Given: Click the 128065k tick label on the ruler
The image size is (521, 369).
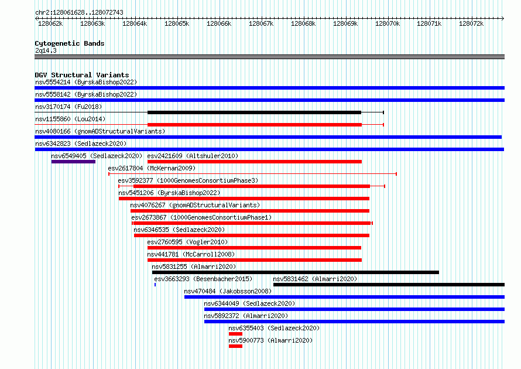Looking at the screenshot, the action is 177,23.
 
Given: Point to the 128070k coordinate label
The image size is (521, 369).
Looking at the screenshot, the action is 388,23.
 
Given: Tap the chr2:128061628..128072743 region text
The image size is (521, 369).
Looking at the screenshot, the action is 79,13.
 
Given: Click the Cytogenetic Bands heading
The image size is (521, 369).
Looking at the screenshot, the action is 70,43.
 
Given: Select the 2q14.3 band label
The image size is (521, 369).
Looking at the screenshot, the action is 46,50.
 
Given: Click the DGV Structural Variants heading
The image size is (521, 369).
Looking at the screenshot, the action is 82,75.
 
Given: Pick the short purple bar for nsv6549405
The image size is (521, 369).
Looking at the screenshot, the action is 73,162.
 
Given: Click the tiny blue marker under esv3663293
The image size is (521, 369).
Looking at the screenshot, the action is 155,285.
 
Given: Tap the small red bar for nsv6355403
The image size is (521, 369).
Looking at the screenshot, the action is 235,334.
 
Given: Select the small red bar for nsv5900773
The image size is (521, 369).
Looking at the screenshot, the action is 235,346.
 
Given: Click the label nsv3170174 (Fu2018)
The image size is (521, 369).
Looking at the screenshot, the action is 68,107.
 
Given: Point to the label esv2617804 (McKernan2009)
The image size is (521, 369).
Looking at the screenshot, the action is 152,168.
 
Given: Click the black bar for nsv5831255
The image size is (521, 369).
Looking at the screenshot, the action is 296,272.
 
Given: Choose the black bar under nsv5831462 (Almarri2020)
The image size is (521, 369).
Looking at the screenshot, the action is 389,285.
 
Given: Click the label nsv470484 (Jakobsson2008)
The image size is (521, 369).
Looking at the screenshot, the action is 228,291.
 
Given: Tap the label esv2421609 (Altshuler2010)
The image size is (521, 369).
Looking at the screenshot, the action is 193,156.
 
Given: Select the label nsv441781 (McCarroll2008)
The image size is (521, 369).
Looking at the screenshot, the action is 191,254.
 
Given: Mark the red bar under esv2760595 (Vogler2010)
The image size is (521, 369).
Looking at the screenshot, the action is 254,248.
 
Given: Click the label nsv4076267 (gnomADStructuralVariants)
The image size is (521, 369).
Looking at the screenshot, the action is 195,205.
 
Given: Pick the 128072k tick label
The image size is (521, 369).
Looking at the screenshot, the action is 471,23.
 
